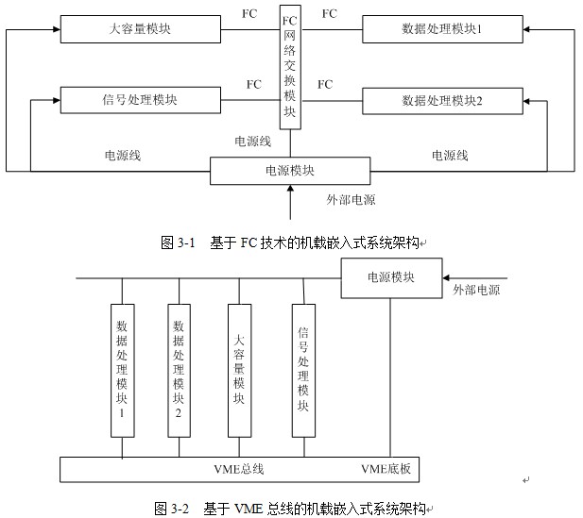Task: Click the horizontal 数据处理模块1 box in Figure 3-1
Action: [x=441, y=29]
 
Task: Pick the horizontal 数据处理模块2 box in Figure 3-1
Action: [x=441, y=99]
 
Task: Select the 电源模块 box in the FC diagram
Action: [x=290, y=171]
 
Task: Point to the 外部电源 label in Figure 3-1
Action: [x=351, y=200]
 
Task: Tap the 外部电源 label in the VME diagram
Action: [x=476, y=290]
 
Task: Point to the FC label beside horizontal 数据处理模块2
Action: [x=325, y=85]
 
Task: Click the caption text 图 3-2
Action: [x=172, y=508]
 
